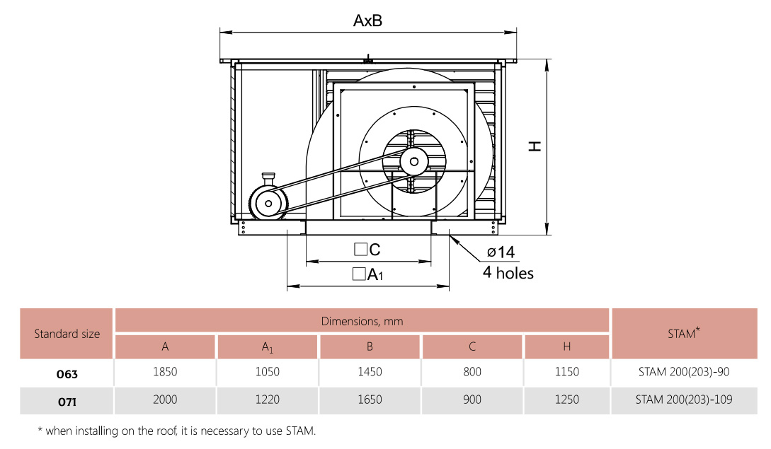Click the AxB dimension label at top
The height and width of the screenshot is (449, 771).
[367, 21]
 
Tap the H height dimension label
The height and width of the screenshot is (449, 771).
[535, 146]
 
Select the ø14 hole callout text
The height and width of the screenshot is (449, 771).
[501, 252]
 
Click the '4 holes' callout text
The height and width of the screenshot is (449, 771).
[508, 273]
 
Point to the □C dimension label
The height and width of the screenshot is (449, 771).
[367, 249]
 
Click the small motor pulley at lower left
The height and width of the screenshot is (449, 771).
[268, 204]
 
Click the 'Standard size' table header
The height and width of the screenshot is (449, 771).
[67, 334]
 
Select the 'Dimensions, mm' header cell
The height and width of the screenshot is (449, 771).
[362, 321]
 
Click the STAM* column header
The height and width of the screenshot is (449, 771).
[684, 334]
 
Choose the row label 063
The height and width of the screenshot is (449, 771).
[67, 373]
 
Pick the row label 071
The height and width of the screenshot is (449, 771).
[67, 400]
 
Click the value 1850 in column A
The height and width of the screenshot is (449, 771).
[165, 372]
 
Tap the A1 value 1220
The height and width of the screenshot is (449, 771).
[267, 400]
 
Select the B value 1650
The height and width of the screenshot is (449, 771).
[370, 400]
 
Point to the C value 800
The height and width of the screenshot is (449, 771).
[472, 372]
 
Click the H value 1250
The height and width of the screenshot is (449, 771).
[566, 400]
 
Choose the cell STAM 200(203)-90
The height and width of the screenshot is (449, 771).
[684, 372]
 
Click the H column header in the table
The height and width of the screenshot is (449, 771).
[566, 346]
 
